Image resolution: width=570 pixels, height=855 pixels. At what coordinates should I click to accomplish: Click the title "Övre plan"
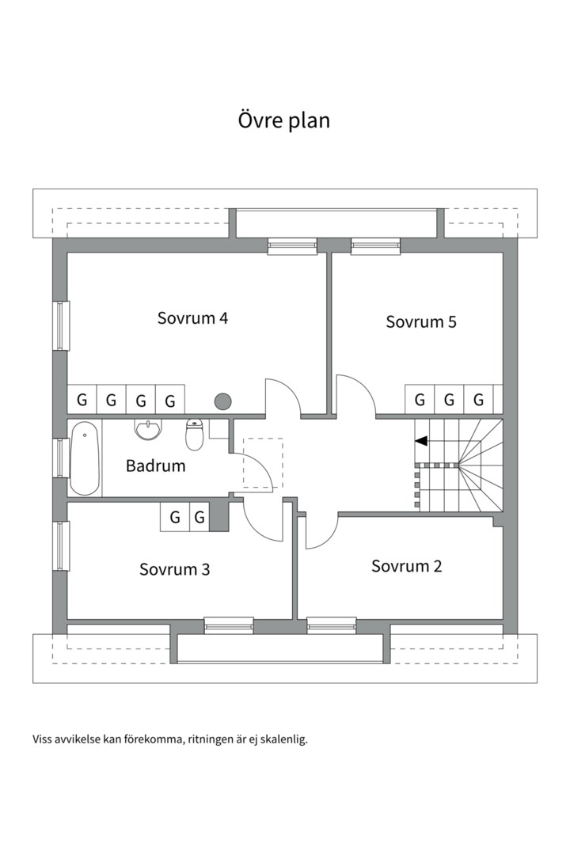pyautogui.click(x=283, y=120)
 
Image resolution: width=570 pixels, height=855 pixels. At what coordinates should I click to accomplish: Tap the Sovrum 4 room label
pyautogui.click(x=192, y=318)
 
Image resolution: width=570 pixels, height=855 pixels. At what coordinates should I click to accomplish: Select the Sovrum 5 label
pyautogui.click(x=421, y=321)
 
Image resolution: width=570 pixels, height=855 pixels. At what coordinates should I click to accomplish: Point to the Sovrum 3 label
pyautogui.click(x=174, y=569)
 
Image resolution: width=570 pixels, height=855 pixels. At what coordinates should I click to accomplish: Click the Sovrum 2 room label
pyautogui.click(x=406, y=566)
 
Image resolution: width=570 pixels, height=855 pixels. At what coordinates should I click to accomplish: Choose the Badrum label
pyautogui.click(x=155, y=465)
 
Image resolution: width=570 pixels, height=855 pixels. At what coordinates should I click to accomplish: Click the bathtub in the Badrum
pyautogui.click(x=85, y=458)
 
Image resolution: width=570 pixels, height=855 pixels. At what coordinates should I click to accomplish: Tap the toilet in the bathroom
pyautogui.click(x=194, y=434)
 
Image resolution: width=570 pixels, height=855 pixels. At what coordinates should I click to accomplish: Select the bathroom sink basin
pyautogui.click(x=148, y=429)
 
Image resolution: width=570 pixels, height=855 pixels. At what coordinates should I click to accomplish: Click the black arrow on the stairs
pyautogui.click(x=421, y=441)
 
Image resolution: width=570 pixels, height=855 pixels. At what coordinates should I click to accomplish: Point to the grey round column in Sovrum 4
pyautogui.click(x=222, y=402)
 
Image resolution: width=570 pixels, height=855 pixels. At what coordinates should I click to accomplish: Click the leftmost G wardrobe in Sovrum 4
pyautogui.click(x=82, y=400)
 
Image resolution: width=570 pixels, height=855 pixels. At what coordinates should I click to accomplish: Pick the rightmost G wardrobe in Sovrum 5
pyautogui.click(x=478, y=400)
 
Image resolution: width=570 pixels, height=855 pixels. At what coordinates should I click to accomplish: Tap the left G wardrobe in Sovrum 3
pyautogui.click(x=174, y=517)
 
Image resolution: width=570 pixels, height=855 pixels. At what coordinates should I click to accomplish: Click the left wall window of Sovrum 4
pyautogui.click(x=61, y=325)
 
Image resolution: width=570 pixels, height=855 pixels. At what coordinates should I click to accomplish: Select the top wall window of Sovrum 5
pyautogui.click(x=375, y=246)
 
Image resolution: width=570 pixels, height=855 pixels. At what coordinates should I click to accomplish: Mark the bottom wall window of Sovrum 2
pyautogui.click(x=332, y=625)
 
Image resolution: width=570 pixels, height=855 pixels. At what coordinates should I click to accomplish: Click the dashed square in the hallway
pyautogui.click(x=263, y=463)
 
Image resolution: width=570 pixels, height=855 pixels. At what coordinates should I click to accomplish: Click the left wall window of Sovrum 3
pyautogui.click(x=61, y=545)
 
